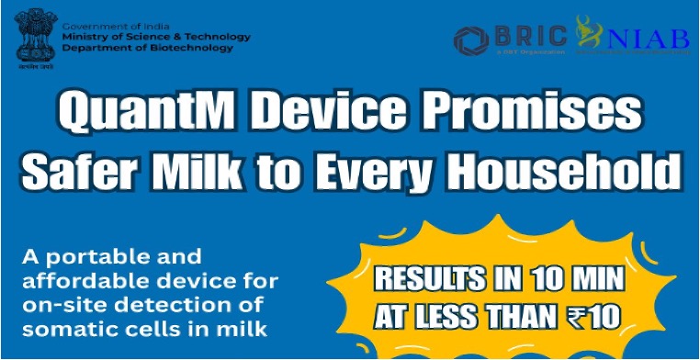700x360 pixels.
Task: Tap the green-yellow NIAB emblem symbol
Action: tap(587, 34)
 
